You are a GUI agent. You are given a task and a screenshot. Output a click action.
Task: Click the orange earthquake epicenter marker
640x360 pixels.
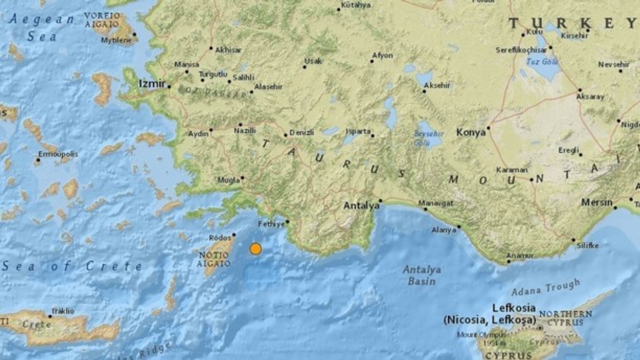(x=255, y=249)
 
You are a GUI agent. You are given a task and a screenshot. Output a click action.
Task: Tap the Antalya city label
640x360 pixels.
(x=361, y=206)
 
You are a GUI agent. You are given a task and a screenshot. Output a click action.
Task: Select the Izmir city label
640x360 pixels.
(x=152, y=83)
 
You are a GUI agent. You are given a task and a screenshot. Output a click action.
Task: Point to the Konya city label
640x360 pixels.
(x=471, y=133)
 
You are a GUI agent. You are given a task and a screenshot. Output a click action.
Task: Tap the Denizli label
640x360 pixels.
(x=302, y=133)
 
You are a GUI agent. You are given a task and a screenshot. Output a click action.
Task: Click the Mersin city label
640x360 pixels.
(x=597, y=203)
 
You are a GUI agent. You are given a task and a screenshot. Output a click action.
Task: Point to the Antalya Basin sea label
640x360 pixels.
(x=422, y=275)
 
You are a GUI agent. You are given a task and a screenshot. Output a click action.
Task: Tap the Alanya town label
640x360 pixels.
(x=444, y=230)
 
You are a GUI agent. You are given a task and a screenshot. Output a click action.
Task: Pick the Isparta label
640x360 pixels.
(x=358, y=131)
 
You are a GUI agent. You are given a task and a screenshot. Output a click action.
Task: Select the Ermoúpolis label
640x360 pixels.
(x=58, y=154)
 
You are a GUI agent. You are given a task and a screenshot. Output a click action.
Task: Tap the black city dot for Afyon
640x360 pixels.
(x=372, y=61)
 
